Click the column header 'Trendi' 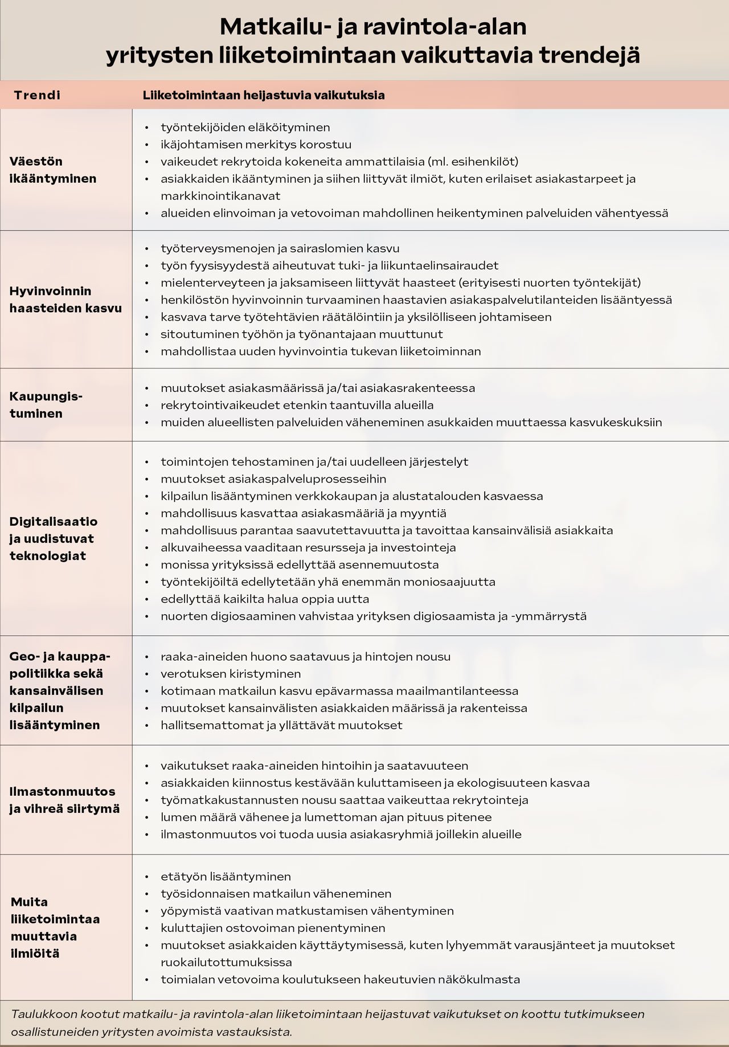tap(37, 95)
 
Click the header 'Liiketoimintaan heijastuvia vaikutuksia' tap(264, 95)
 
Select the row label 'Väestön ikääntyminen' tap(53, 170)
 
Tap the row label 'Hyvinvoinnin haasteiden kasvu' tap(65, 300)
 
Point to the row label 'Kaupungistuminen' tap(46, 404)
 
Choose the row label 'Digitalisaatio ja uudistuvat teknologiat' tap(54, 538)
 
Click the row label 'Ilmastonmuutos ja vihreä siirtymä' tap(64, 800)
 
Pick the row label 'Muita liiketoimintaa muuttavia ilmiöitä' tap(55, 927)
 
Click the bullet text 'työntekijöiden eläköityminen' tap(245, 127)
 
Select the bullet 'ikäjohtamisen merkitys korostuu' tap(256, 144)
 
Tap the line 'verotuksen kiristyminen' tap(231, 674)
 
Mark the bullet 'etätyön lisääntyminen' tap(226, 876)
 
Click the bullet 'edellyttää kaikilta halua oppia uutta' tap(265, 599)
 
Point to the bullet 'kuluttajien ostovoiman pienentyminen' tap(273, 927)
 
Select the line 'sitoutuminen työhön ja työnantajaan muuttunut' tap(301, 334)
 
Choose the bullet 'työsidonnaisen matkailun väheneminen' tap(276, 893)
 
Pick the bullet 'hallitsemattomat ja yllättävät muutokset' tap(281, 725)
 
